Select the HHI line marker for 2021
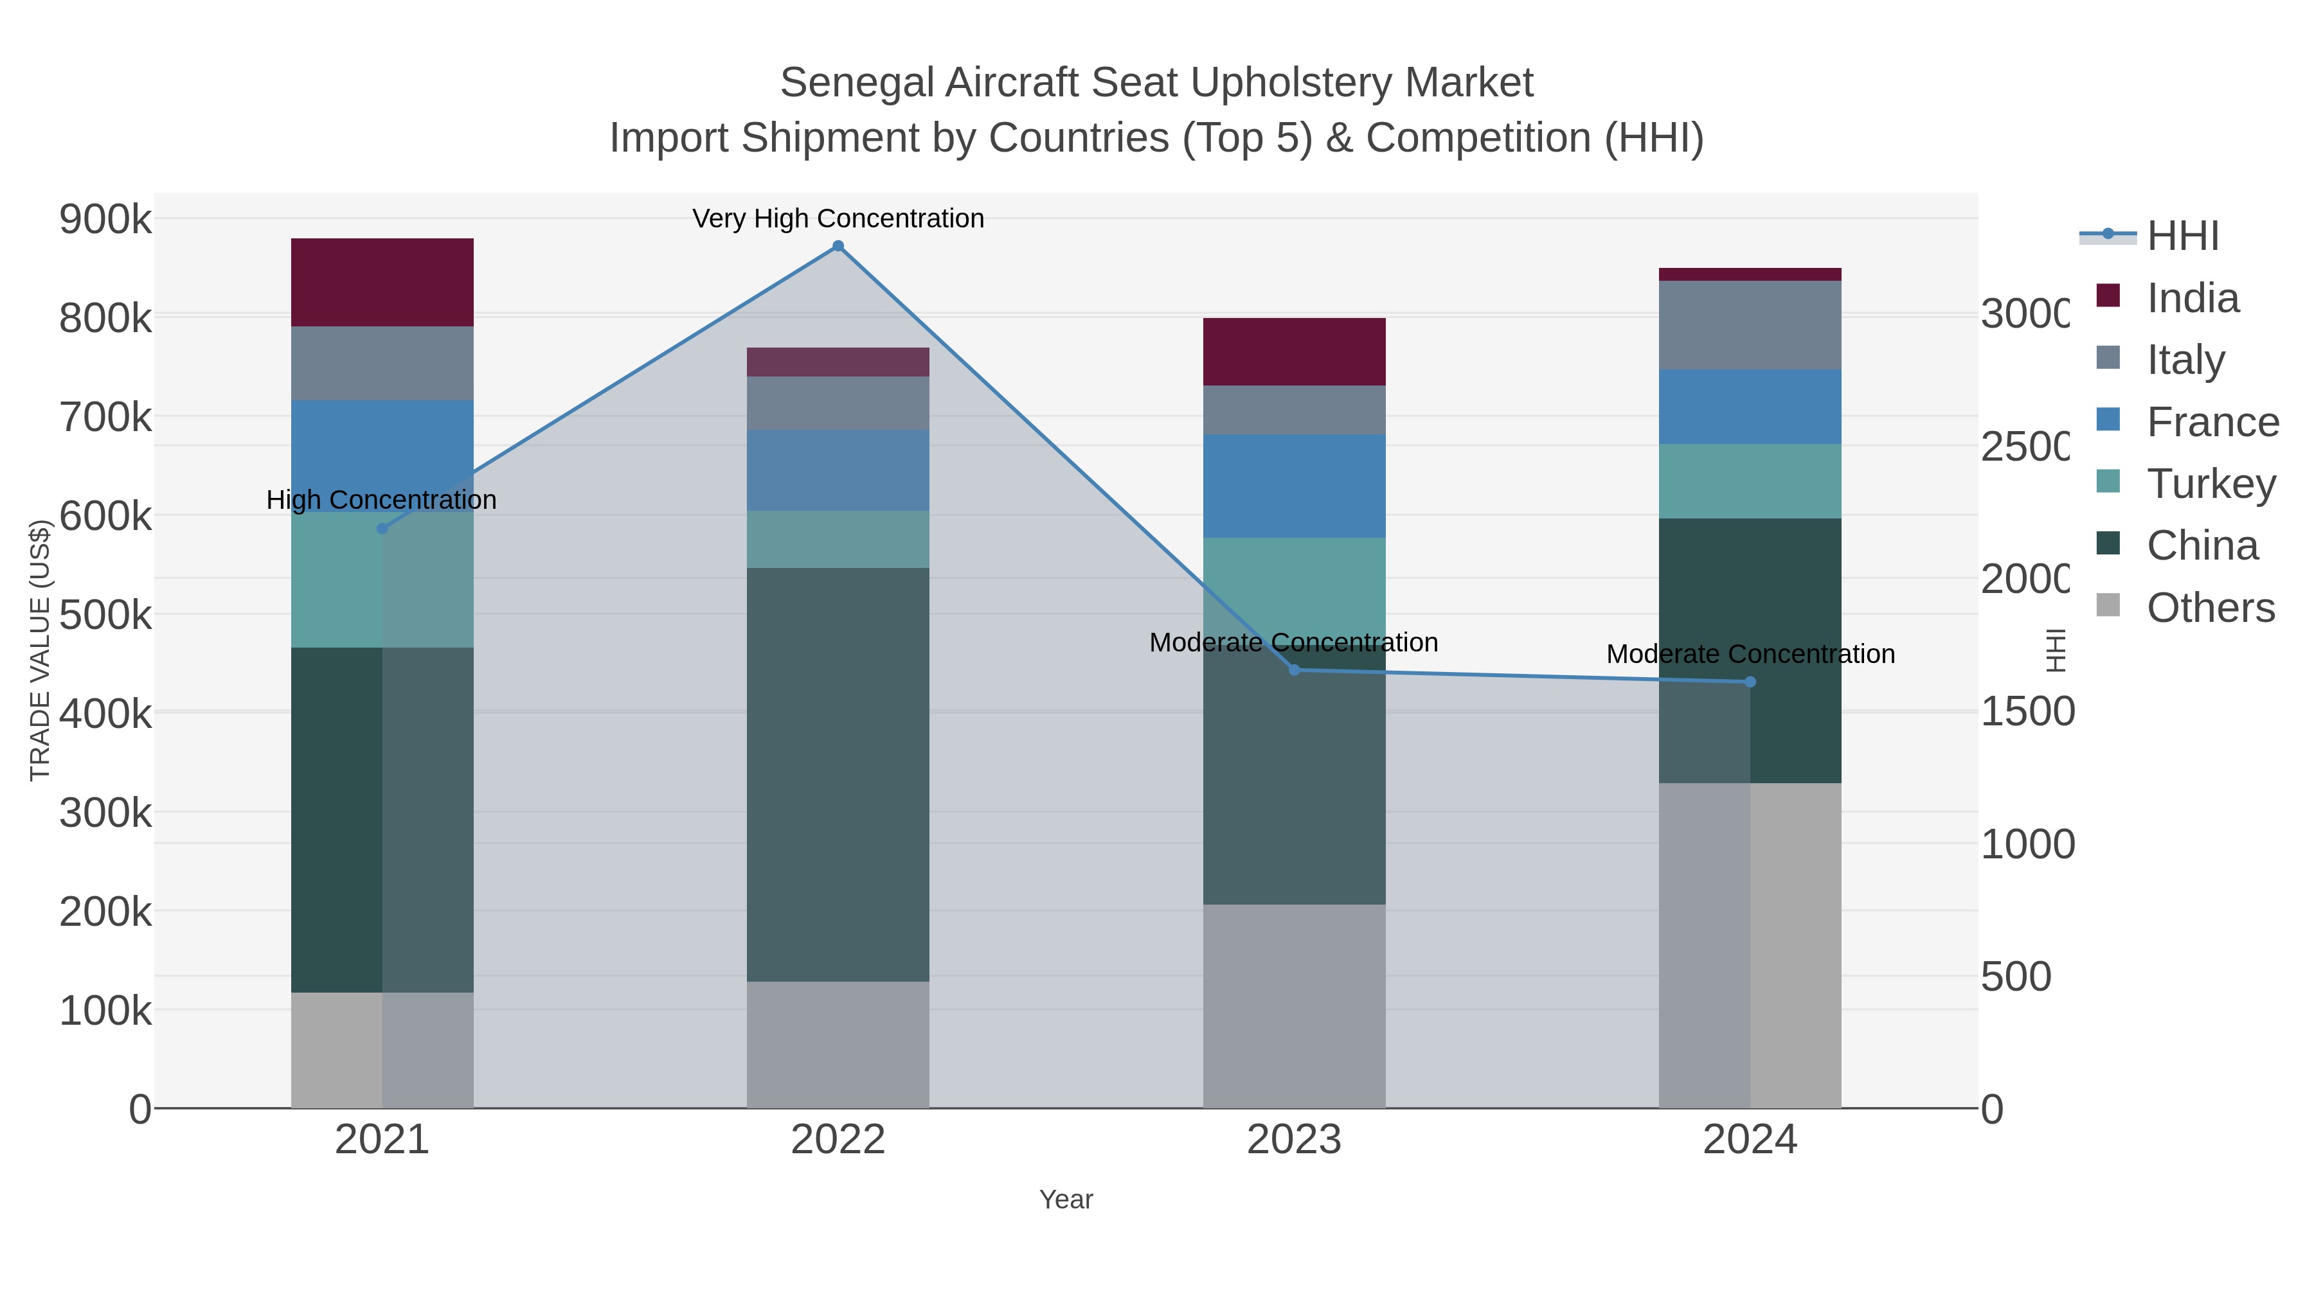(x=382, y=529)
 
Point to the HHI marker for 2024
(x=1750, y=682)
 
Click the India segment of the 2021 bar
(x=382, y=282)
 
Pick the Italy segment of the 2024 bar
(x=1750, y=325)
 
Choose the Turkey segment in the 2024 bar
(x=1750, y=481)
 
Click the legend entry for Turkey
(x=2211, y=484)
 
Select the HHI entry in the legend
(x=2182, y=236)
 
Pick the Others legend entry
(x=2210, y=608)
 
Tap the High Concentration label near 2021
(x=382, y=500)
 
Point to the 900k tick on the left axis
(x=105, y=219)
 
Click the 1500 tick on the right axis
(x=2027, y=711)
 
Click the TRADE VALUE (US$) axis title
(x=40, y=650)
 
